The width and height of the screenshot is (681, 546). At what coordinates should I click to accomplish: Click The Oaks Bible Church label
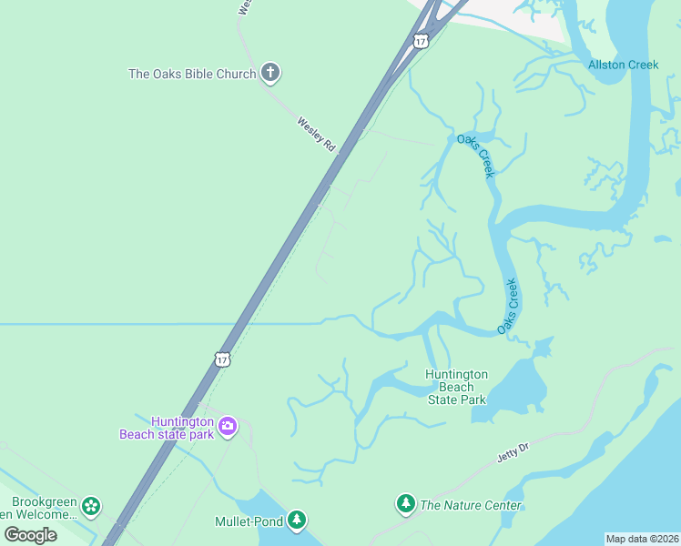coord(192,74)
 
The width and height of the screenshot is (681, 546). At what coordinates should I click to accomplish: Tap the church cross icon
coord(269,72)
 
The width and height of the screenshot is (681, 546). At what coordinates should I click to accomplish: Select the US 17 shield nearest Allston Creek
coord(420,41)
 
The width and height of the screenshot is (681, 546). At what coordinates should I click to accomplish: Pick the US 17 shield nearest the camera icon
coord(223,359)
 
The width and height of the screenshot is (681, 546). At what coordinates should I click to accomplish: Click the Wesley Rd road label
coord(317,133)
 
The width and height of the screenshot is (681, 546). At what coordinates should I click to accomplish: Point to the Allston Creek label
coord(623,65)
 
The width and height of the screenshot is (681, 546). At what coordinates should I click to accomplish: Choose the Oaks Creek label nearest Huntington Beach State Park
coord(508,306)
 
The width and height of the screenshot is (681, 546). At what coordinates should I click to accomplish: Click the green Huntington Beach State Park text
coord(456,387)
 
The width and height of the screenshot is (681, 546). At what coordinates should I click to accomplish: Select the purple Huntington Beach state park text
coord(168,428)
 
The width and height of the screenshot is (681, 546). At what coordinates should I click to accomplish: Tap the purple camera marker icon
coord(228,425)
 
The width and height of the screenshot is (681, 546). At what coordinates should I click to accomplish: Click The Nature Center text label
coord(471,505)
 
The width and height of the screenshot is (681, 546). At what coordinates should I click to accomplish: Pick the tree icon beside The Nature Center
coord(405,503)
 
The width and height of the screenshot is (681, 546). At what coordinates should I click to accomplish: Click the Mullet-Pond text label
coord(249,522)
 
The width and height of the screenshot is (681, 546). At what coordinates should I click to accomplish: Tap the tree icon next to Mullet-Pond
coord(296,521)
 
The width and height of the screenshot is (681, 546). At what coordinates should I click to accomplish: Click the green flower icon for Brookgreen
coord(90,506)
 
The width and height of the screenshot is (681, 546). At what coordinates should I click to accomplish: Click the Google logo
coord(30,534)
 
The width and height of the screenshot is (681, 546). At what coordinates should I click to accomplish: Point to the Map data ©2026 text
coord(642,539)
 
